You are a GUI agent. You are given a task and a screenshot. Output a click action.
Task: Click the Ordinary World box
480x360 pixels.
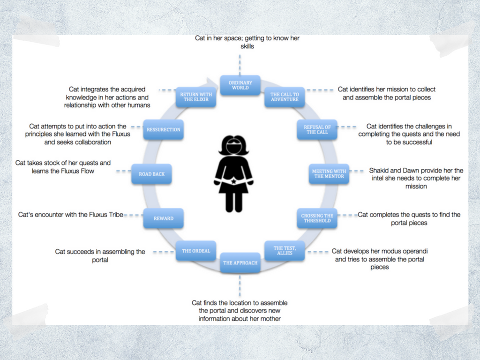pos(240,85)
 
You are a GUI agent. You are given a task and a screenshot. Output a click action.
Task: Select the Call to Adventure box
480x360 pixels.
pos(284,97)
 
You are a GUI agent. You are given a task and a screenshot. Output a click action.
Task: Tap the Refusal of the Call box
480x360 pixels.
pos(317,129)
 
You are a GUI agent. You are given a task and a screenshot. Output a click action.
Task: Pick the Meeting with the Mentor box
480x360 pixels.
pos(329,174)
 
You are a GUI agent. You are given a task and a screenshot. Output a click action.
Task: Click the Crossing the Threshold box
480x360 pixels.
pos(317,218)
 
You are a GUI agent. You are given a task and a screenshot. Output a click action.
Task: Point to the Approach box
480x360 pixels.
pos(240,263)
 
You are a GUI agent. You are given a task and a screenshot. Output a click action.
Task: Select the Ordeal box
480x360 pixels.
pos(196,251)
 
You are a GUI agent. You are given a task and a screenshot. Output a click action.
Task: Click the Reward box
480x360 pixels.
pos(163,218)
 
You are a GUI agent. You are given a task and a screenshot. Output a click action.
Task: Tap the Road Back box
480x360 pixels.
pos(151,174)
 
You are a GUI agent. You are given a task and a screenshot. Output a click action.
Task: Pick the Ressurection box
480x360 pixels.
pos(163,129)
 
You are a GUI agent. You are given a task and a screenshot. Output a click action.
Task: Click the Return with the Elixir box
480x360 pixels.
pos(195,97)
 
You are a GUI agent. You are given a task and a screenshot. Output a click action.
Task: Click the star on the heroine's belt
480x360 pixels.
pos(233,180)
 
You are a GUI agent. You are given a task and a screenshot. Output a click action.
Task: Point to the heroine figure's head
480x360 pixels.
pos(233,146)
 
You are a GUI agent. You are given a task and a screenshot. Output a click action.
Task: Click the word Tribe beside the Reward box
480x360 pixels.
pos(114,215)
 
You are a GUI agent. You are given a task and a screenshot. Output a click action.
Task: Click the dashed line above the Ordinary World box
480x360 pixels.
pos(240,63)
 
